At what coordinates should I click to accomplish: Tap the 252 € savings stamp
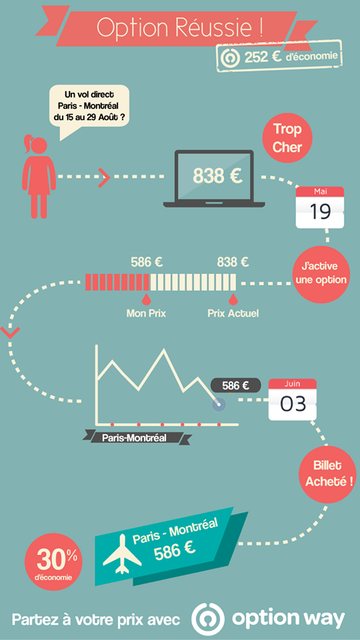[x=279, y=57]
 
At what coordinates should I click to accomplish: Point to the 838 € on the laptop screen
[x=217, y=176]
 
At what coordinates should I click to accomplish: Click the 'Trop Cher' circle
[x=287, y=138]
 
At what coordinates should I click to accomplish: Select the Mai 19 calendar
[x=319, y=207]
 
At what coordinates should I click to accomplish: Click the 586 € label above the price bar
[x=147, y=262]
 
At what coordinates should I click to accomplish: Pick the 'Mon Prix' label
[x=146, y=313]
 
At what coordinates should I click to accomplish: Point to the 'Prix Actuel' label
[x=233, y=313]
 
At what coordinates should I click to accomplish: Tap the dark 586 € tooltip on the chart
[x=236, y=385]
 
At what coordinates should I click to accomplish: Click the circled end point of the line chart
[x=219, y=404]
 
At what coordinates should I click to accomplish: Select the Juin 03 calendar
[x=292, y=399]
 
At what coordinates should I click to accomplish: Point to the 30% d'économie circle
[x=53, y=561]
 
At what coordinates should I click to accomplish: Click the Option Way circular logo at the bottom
[x=208, y=619]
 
